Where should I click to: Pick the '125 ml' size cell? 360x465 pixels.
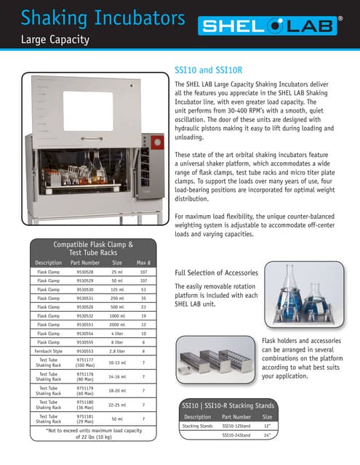tap(117, 288)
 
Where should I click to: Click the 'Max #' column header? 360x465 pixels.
tap(143, 262)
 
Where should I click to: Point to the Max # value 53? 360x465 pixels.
tap(144, 288)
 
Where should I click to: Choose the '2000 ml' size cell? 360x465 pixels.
tap(117, 324)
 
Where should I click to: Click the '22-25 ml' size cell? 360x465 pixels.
tap(117, 404)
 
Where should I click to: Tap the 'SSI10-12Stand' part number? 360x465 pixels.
tap(236, 426)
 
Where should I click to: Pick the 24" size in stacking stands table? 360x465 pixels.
tap(267, 434)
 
